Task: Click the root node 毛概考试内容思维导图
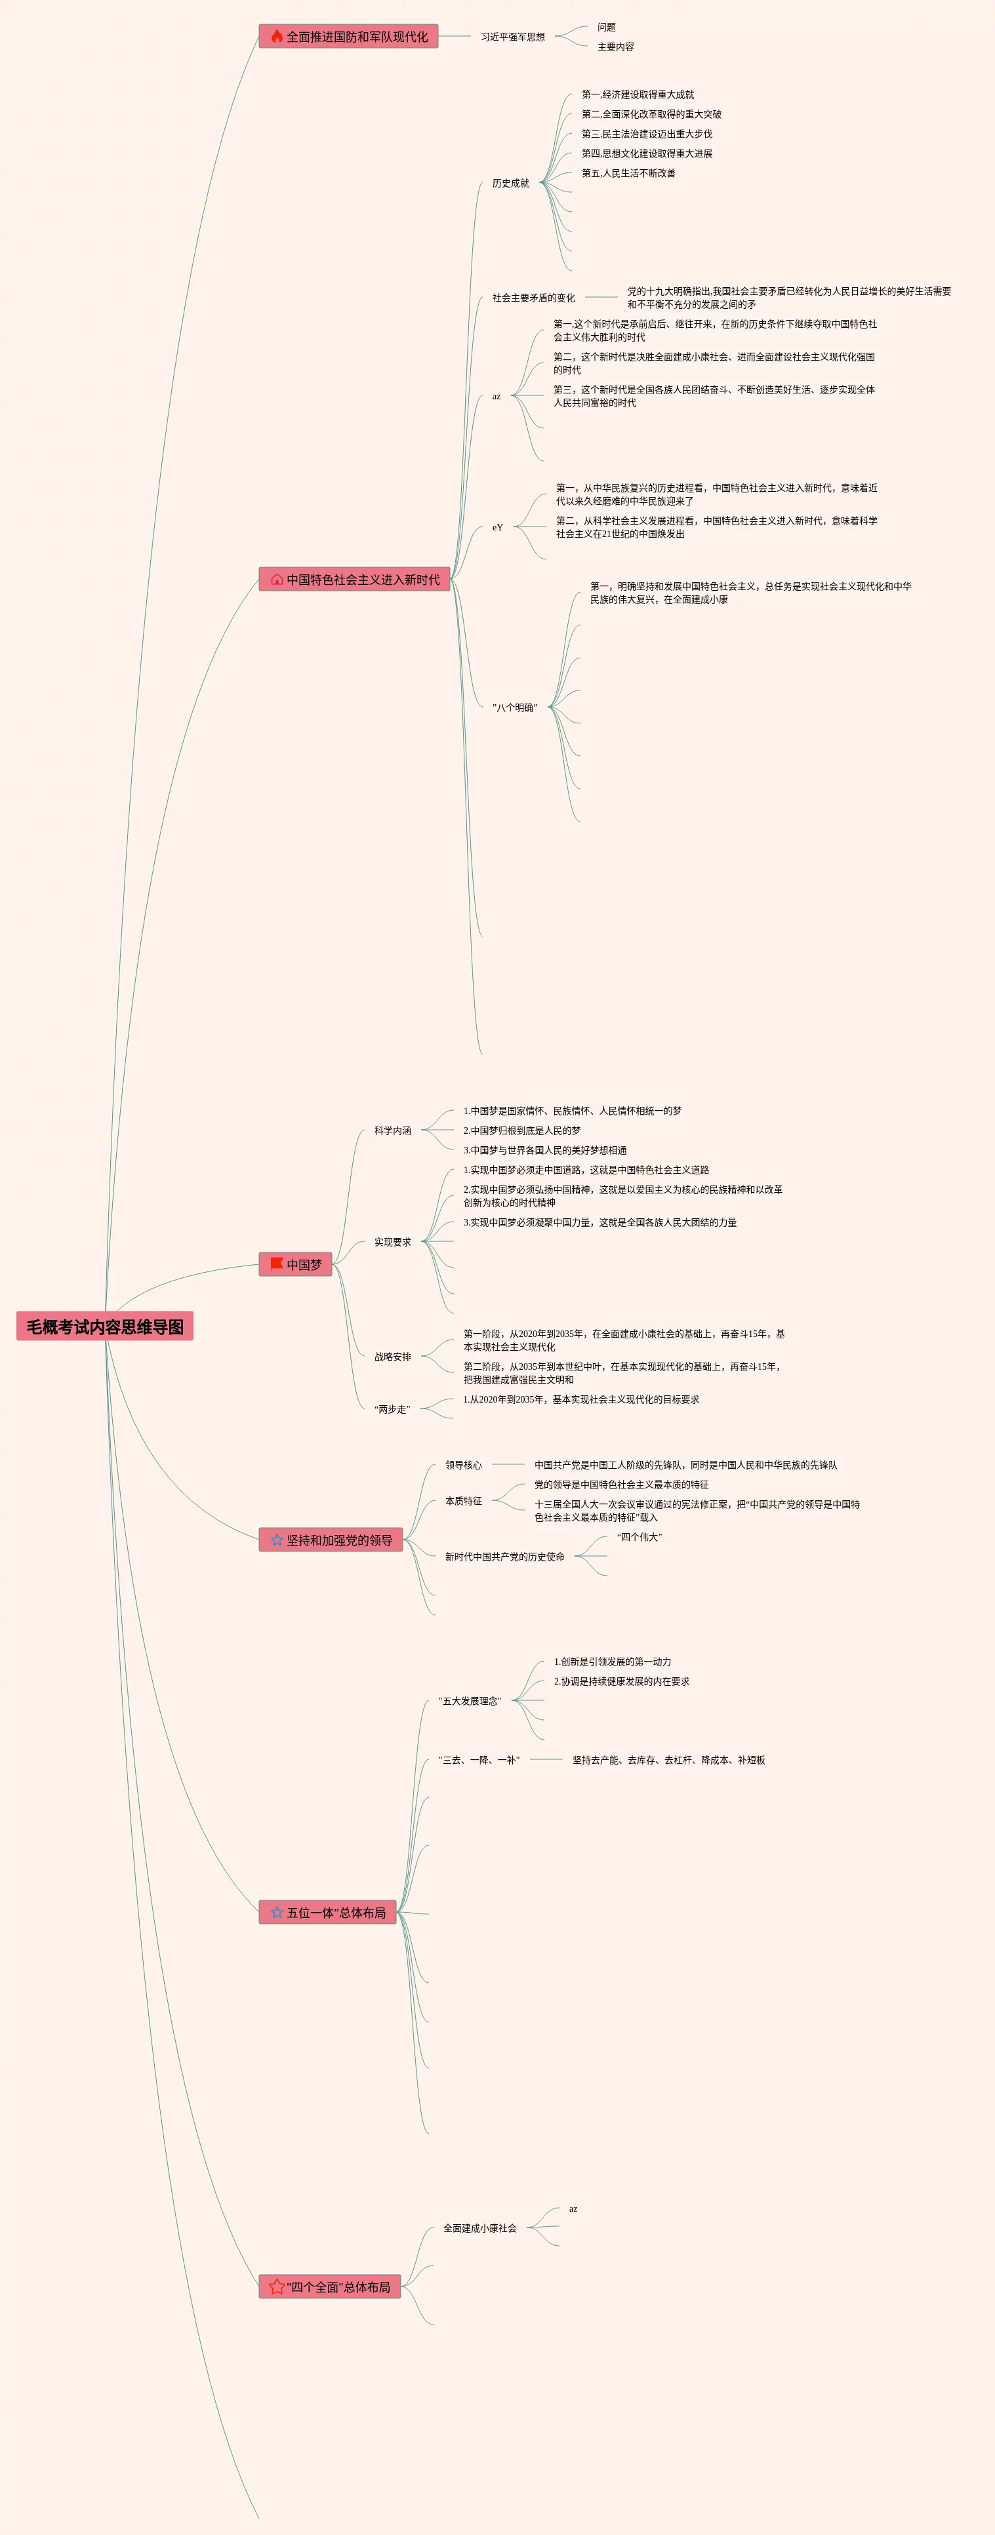(x=104, y=1327)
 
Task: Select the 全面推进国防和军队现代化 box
(x=348, y=37)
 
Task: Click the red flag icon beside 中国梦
(x=277, y=1264)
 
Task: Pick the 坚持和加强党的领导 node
(x=331, y=1540)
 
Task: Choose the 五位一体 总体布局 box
(x=328, y=1912)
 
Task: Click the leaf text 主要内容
(x=615, y=47)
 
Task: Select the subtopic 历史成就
(x=511, y=183)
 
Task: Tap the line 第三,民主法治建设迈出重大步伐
(x=647, y=134)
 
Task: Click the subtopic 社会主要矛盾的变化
(x=533, y=297)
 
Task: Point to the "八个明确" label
(x=515, y=708)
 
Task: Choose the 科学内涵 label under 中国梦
(x=393, y=1130)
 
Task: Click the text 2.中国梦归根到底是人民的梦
(x=521, y=1130)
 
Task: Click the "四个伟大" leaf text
(x=640, y=1537)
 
